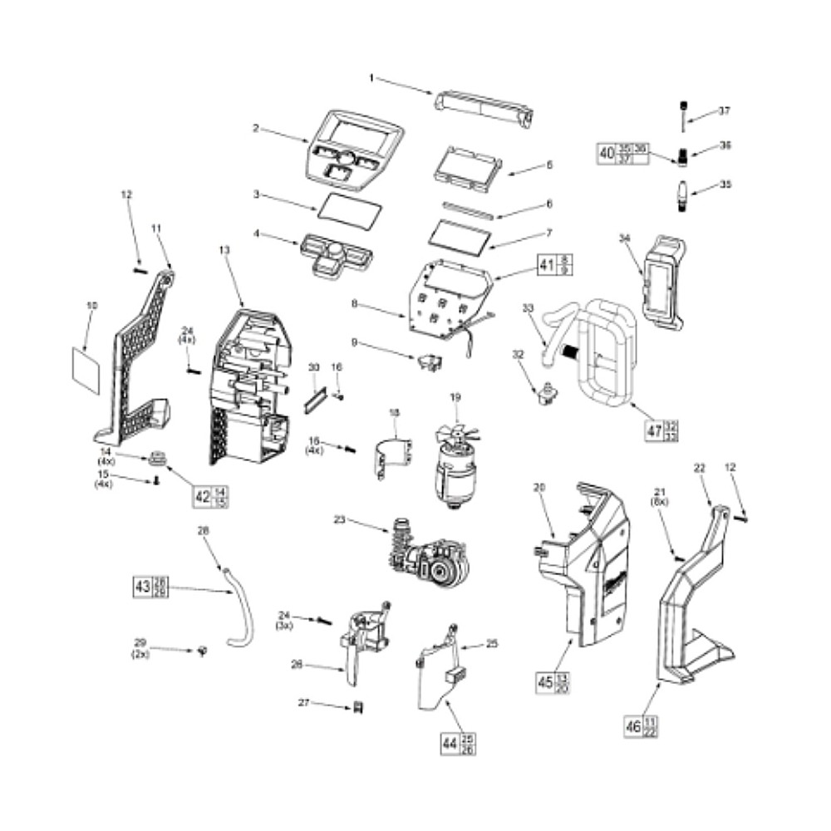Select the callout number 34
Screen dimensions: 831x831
[626, 238]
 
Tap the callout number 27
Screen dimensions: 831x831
[304, 703]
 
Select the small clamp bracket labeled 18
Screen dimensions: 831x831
[395, 456]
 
